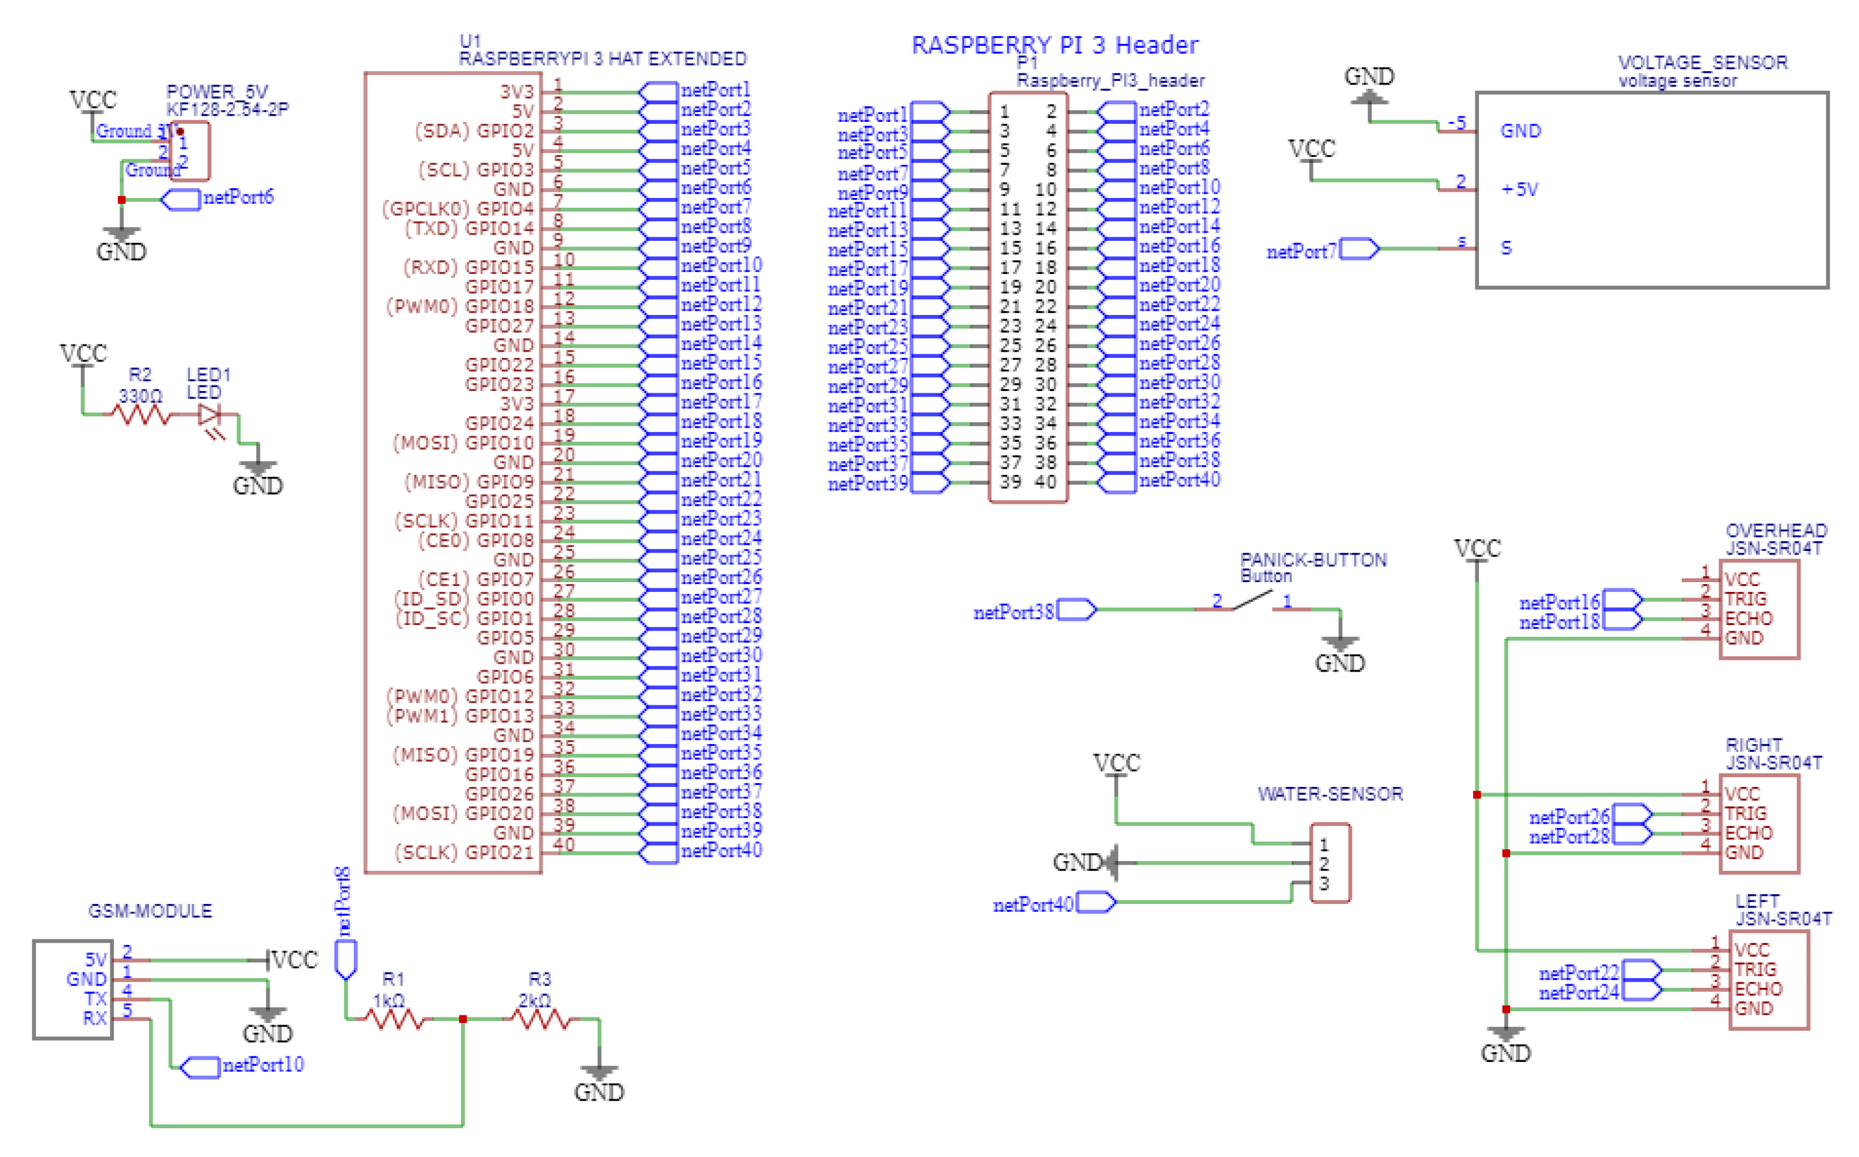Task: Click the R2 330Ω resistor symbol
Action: [x=141, y=415]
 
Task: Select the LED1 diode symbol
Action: [x=209, y=415]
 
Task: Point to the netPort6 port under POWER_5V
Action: [x=181, y=200]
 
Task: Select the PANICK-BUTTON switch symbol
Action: [x=1252, y=602]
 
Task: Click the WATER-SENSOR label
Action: [x=1329, y=794]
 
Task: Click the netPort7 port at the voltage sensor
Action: [x=1359, y=249]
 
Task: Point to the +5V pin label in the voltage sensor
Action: [x=1519, y=190]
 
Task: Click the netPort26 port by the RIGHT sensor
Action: [x=1631, y=815]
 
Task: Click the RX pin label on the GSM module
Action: [x=95, y=1019]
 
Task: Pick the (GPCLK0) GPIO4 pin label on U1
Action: [x=458, y=209]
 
